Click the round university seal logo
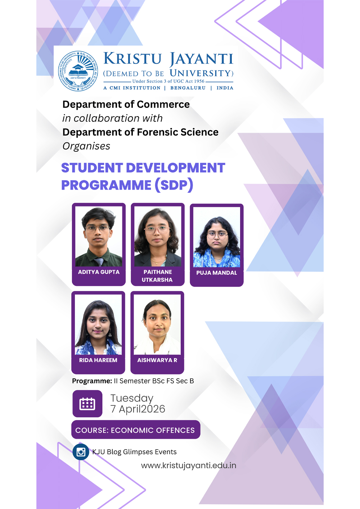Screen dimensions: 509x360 click(x=78, y=71)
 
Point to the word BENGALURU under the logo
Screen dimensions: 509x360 click(x=188, y=88)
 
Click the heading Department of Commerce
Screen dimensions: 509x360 click(x=126, y=104)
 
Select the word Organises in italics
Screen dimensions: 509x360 click(x=86, y=146)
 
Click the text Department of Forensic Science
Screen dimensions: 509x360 click(x=140, y=132)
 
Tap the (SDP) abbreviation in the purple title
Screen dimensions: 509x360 click(x=174, y=185)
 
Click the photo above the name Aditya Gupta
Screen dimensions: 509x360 click(x=99, y=237)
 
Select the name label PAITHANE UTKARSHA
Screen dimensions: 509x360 click(x=157, y=276)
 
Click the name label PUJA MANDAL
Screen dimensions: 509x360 click(x=217, y=273)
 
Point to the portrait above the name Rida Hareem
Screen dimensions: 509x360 click(x=98, y=325)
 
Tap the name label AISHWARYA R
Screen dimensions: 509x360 click(x=157, y=360)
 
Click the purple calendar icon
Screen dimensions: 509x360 click(x=87, y=404)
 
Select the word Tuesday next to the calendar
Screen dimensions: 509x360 click(x=132, y=398)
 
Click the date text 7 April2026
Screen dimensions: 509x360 click(x=138, y=409)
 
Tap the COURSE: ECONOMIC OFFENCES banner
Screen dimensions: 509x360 click(x=135, y=430)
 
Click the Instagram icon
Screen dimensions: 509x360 click(x=81, y=452)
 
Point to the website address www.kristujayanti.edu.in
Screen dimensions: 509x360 click(x=189, y=465)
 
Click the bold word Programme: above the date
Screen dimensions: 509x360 click(x=92, y=381)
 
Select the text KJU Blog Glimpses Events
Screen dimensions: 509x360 click(x=135, y=452)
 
